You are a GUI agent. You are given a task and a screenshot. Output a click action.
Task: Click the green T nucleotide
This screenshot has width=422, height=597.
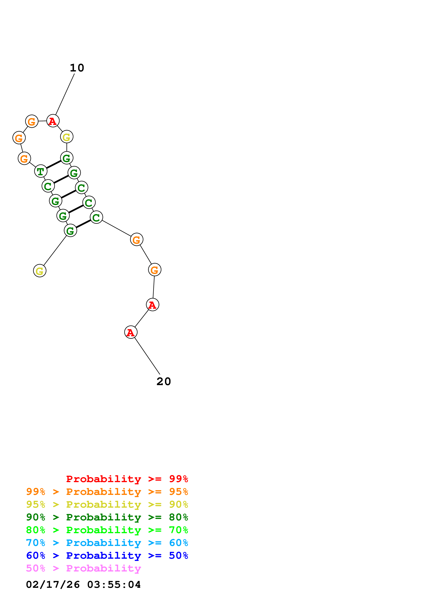(41, 171)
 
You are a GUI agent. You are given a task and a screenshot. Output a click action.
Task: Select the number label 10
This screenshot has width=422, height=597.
(77, 68)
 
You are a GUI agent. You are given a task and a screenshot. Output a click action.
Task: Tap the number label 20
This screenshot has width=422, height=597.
(164, 381)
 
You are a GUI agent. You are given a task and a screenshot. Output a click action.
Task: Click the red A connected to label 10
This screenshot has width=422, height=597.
(53, 121)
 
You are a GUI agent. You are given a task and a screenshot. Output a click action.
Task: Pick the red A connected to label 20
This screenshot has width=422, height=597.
(131, 332)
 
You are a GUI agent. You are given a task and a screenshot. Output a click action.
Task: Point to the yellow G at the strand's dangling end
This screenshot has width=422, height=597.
(39, 271)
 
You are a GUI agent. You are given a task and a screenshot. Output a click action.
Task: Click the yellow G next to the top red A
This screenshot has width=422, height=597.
(67, 137)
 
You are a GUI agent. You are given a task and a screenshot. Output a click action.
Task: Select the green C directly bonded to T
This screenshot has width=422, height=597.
(48, 186)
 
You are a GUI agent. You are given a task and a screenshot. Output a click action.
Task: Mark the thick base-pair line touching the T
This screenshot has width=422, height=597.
(54, 165)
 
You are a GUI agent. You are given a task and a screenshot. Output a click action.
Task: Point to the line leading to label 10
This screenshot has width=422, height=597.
(65, 94)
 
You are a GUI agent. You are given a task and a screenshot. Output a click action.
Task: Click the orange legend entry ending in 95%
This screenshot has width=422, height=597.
(107, 492)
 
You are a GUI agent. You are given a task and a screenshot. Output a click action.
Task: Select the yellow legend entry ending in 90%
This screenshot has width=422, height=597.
(107, 504)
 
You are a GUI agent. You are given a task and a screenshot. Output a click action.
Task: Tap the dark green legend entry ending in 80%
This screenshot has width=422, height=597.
(107, 517)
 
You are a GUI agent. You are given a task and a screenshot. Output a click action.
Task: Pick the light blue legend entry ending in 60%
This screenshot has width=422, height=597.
(107, 543)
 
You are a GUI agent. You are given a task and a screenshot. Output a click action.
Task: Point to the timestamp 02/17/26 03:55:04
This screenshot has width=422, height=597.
(83, 585)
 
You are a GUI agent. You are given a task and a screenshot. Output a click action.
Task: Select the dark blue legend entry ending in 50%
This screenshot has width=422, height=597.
(107, 555)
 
